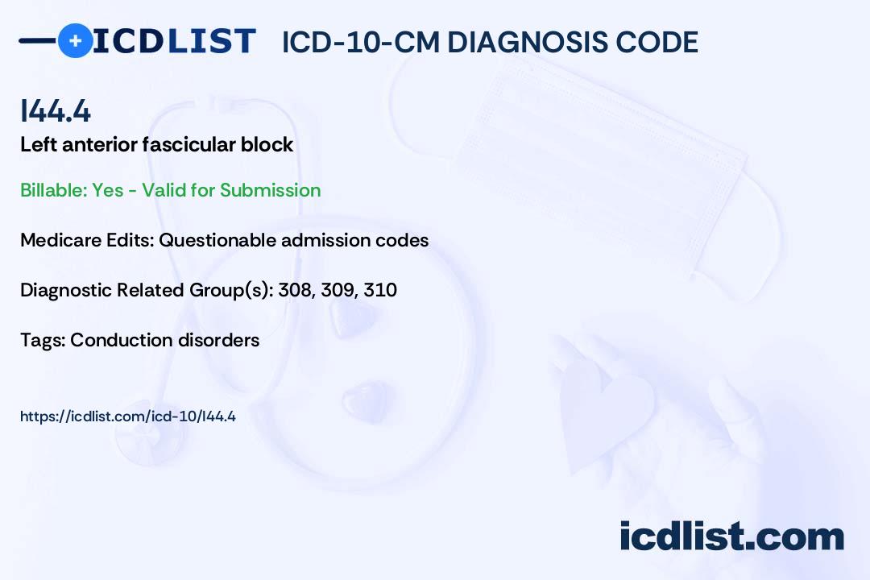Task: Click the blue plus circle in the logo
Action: point(75,40)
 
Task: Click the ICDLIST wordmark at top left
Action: point(174,40)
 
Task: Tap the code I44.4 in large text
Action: point(56,112)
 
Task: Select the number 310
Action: point(380,290)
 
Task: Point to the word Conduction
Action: point(116,340)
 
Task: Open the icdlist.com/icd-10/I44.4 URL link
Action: point(127,416)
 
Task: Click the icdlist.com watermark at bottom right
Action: point(731,536)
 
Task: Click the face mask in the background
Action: point(596,153)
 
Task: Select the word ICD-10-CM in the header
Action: point(360,42)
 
